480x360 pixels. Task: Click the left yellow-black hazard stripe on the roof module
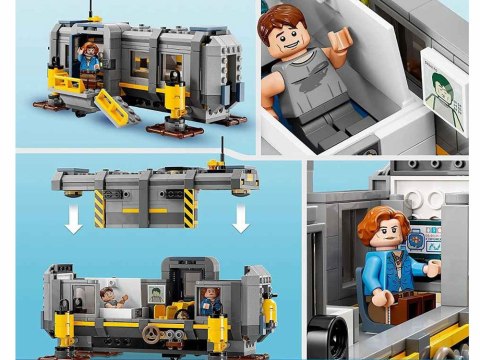click(x=99, y=207)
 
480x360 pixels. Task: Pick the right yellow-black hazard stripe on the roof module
click(x=189, y=207)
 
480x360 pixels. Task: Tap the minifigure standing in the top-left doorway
click(x=89, y=59)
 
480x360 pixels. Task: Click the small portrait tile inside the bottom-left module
click(x=157, y=293)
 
